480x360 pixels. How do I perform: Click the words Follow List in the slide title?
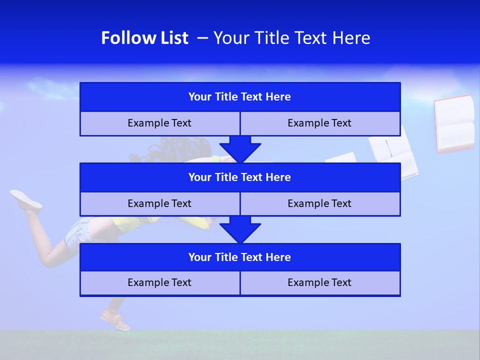point(144,38)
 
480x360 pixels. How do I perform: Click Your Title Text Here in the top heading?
point(291,38)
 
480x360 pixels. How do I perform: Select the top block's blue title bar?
point(240,97)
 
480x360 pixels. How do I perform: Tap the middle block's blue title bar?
point(240,177)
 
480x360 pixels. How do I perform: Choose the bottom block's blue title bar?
point(240,257)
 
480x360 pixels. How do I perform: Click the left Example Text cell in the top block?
point(159,123)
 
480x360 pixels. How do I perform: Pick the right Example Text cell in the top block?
point(320,123)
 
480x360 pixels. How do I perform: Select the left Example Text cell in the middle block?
point(159,203)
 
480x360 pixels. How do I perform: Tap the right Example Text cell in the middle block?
point(320,203)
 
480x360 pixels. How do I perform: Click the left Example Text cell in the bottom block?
point(159,282)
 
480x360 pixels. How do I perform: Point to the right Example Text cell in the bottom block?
point(320,282)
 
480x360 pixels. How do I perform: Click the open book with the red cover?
point(454,123)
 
